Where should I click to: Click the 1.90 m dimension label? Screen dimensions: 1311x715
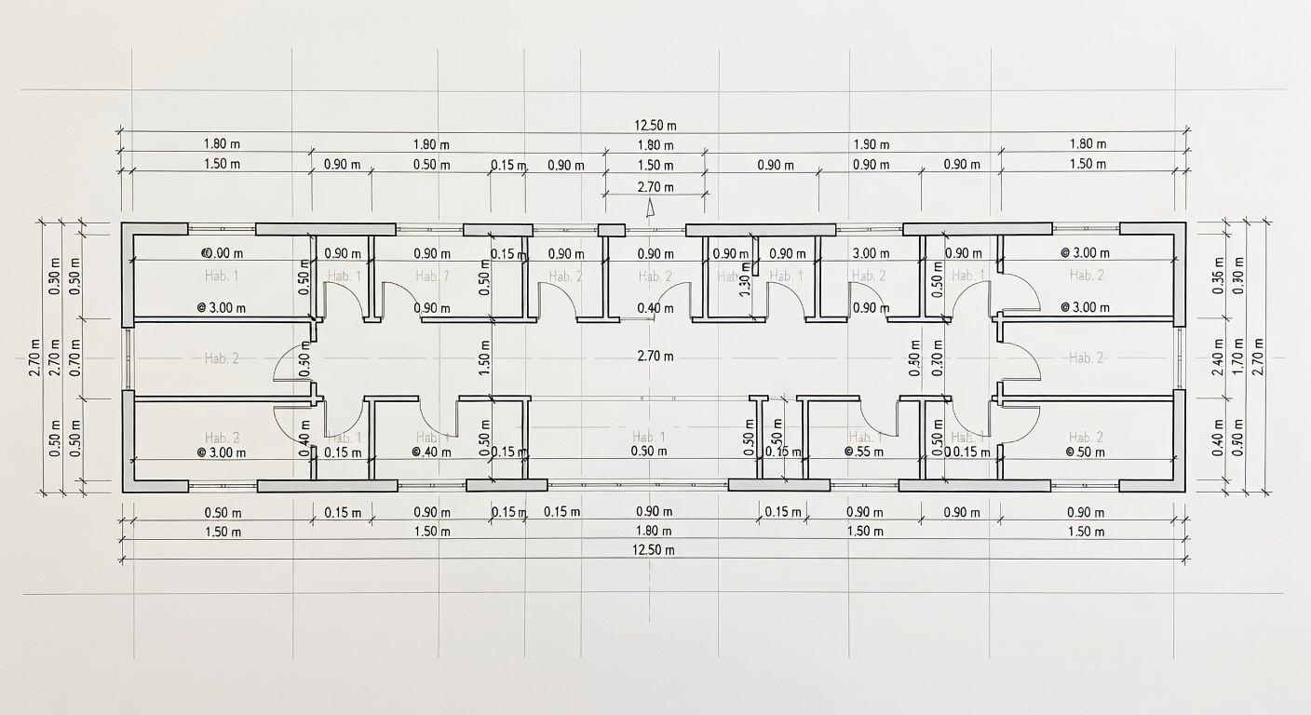tap(871, 144)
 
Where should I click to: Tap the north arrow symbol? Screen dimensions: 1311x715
tap(651, 209)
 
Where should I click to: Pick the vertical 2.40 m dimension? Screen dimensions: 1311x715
tap(1217, 358)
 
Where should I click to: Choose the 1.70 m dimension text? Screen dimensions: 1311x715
tap(1237, 358)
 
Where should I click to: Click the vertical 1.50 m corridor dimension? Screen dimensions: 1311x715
tap(485, 358)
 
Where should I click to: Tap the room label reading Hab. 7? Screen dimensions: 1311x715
tap(432, 276)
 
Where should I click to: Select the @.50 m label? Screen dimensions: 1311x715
tap(1085, 452)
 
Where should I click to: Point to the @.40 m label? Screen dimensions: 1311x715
tap(432, 452)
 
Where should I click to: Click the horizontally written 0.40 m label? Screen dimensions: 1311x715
tap(655, 308)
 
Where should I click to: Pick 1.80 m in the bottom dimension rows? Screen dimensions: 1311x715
tap(655, 532)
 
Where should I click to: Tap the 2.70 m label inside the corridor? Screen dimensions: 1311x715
tap(655, 356)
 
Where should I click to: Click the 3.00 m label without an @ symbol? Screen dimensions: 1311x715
tap(871, 253)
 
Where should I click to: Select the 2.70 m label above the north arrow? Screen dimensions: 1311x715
tap(655, 187)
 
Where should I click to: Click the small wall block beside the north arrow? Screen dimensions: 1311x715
tap(611, 230)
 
